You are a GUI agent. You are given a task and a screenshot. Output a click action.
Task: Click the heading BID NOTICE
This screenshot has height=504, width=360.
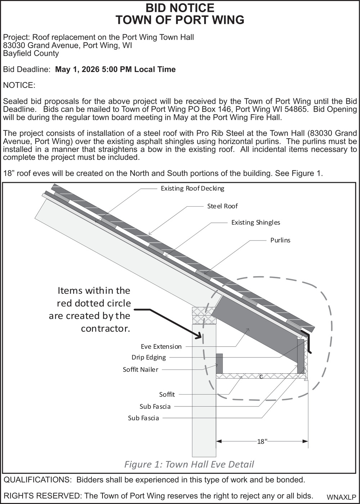180,8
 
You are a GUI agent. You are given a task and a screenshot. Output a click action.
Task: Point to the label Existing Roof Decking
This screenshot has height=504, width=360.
192,188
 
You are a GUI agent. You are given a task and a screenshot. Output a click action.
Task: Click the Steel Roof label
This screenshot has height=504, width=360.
222,206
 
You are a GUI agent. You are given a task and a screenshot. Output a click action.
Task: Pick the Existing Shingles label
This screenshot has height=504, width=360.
256,222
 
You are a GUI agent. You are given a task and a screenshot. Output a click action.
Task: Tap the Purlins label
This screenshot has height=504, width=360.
280,240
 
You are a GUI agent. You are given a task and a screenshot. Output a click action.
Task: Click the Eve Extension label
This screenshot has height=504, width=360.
161,347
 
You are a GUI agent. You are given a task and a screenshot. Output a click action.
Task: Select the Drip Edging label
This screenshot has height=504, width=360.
149,357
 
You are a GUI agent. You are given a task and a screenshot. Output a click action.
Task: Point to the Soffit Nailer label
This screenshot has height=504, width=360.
140,370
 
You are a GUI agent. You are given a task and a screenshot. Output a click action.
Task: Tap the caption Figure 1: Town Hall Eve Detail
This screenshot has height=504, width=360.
189,464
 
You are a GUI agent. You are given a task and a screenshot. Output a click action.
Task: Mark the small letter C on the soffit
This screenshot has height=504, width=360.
261,377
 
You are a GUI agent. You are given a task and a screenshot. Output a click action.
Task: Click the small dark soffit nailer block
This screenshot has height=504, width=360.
219,364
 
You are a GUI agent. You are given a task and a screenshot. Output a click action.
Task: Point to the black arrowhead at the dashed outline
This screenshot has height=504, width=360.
197,337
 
